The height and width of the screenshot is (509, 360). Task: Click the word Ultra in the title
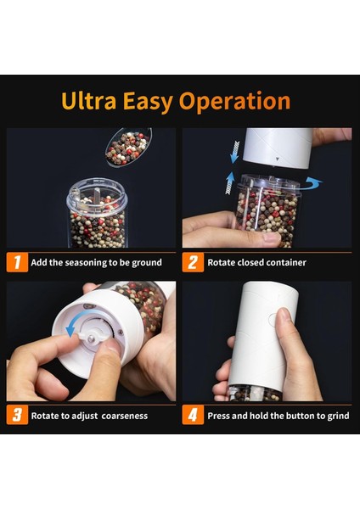(x=88, y=101)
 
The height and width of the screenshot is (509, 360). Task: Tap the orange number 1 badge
(x=17, y=262)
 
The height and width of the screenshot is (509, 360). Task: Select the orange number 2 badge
(x=193, y=262)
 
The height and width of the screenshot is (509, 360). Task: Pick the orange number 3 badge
(x=17, y=415)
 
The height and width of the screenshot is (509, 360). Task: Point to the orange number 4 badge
(x=193, y=415)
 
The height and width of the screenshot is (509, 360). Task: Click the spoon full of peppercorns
(x=128, y=148)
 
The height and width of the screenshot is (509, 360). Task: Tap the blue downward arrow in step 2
(x=235, y=152)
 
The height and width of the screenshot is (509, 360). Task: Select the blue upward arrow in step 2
(x=230, y=183)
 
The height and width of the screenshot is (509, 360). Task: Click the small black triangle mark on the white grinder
(x=277, y=159)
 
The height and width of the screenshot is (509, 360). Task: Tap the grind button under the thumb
(x=273, y=319)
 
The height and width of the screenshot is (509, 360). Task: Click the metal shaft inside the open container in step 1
(x=97, y=197)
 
